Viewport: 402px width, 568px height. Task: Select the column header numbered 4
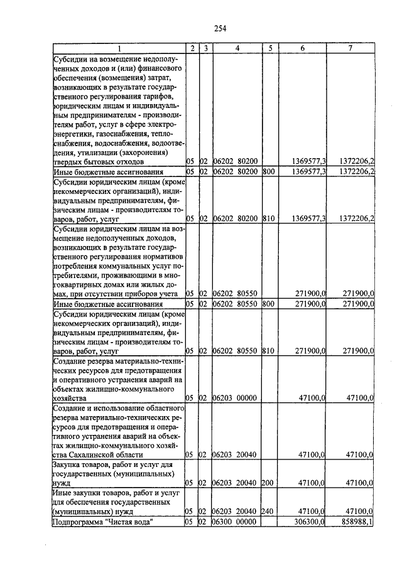click(x=236, y=48)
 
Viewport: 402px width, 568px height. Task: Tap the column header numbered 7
click(x=350, y=48)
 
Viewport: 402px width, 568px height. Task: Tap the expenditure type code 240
click(x=268, y=512)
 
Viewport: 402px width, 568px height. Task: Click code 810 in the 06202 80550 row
click(x=268, y=351)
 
